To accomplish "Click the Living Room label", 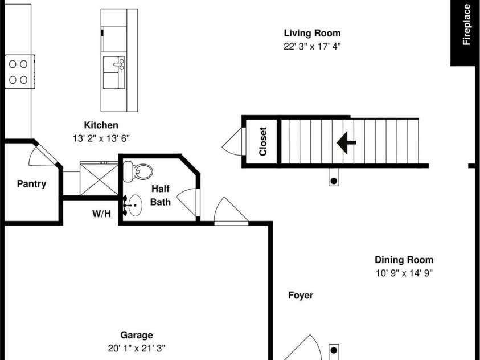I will point(312,33).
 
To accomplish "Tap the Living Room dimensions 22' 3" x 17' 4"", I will point(312,47).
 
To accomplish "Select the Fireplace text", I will point(466,24).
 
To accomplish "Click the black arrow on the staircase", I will point(346,143).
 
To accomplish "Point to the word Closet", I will point(262,141).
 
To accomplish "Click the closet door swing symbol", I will point(231,142).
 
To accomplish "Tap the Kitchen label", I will point(101,125).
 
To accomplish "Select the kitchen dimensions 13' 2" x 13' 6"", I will point(101,138).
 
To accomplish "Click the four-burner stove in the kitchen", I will point(19,72).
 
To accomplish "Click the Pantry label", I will point(31,184).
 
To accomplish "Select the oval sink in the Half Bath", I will point(136,205).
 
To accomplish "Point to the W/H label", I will point(101,214).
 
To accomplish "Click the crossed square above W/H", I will point(99,178).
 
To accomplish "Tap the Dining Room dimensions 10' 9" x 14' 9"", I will point(404,273).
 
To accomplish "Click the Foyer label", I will point(300,296).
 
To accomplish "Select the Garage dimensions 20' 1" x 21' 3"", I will point(136,349).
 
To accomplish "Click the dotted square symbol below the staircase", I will point(334,181).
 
